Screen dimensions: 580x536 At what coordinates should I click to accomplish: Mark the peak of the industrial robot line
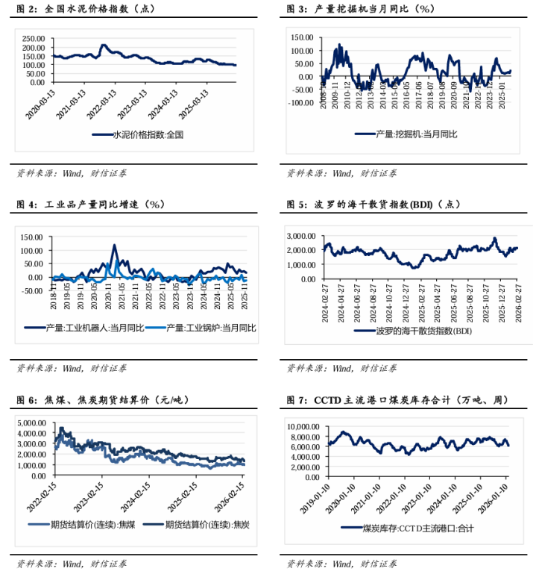115,245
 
